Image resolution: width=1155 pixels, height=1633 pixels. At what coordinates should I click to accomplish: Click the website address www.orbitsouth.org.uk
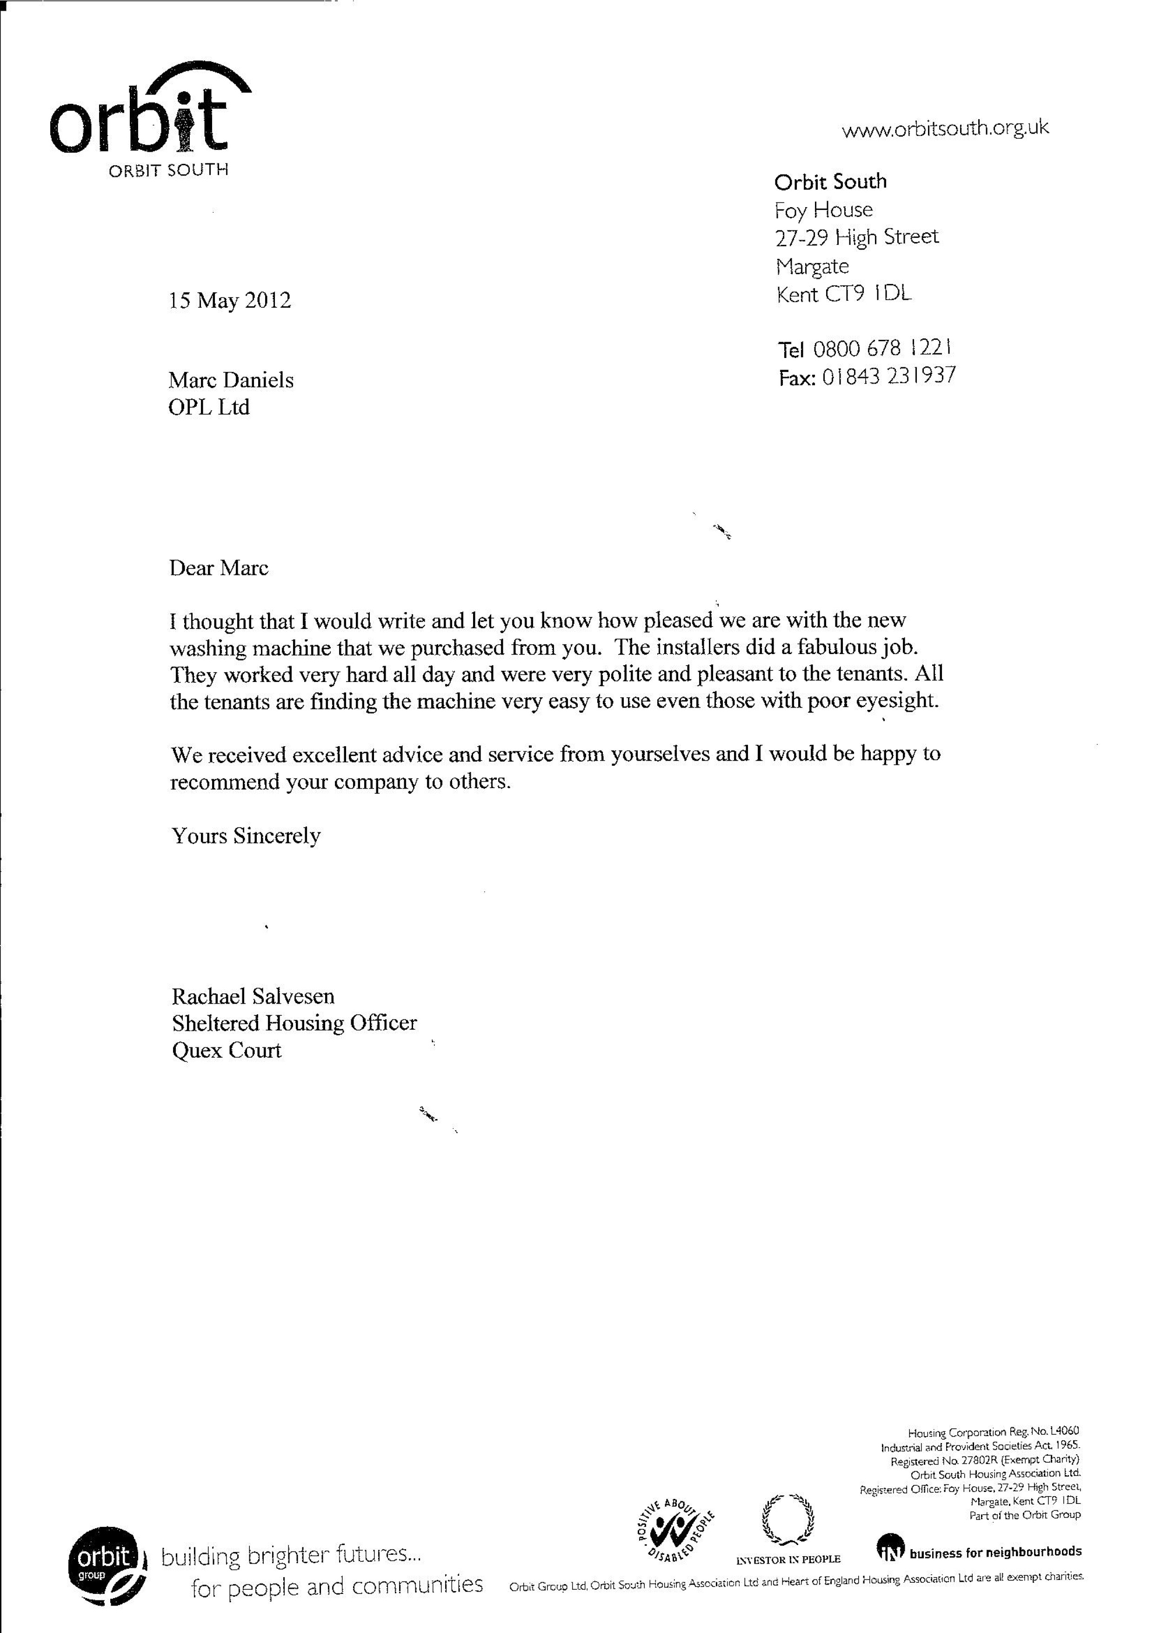click(944, 129)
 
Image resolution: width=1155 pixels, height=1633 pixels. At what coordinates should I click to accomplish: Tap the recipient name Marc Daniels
click(230, 380)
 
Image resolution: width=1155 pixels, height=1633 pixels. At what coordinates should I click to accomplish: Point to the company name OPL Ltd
click(209, 408)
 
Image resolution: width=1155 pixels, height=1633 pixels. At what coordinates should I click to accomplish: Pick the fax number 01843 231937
click(888, 376)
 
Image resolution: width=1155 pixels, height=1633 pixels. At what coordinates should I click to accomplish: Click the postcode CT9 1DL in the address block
click(867, 294)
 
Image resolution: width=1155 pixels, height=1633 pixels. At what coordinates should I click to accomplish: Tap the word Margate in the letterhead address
click(812, 266)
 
